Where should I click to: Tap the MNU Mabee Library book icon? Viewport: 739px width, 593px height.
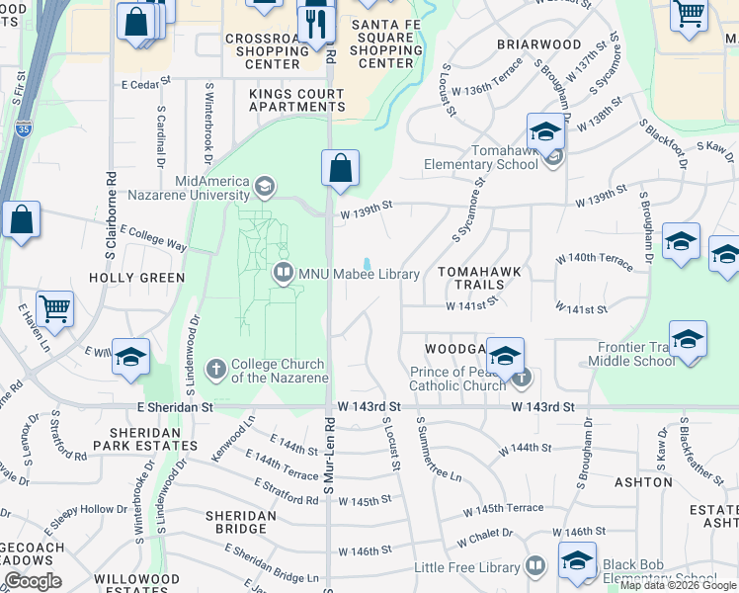[284, 274]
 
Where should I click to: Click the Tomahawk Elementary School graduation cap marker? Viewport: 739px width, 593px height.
[545, 131]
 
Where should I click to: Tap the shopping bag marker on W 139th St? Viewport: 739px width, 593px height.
[340, 169]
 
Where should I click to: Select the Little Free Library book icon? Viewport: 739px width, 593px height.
[534, 566]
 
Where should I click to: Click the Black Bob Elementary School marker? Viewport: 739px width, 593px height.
[577, 560]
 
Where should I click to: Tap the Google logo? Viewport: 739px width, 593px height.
[33, 581]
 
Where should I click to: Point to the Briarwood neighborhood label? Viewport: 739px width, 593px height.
[538, 44]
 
